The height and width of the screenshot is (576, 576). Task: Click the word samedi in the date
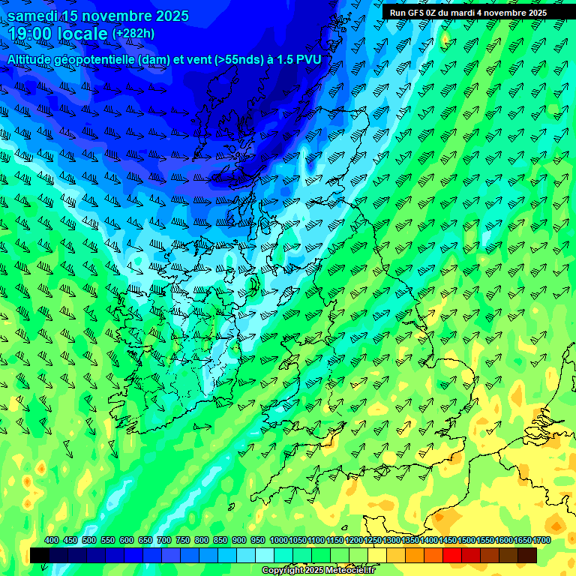pyautogui.click(x=33, y=16)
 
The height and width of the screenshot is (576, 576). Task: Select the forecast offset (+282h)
pyautogui.click(x=133, y=34)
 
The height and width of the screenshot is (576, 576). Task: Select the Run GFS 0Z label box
pyautogui.click(x=468, y=13)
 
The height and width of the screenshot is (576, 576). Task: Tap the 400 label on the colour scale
pyautogui.click(x=52, y=541)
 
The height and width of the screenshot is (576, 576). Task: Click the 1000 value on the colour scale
pyautogui.click(x=278, y=541)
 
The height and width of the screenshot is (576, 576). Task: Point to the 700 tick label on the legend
pyautogui.click(x=164, y=541)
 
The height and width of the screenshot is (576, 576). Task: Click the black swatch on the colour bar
pyautogui.click(x=40, y=555)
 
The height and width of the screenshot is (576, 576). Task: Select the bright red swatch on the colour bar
pyautogui.click(x=452, y=555)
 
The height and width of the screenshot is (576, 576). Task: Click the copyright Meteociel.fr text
pyautogui.click(x=318, y=571)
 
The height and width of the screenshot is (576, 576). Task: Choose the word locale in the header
pyautogui.click(x=82, y=34)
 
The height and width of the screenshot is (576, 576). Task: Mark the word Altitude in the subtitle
pyautogui.click(x=31, y=58)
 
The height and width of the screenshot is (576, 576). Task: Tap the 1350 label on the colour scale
pyautogui.click(x=410, y=541)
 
